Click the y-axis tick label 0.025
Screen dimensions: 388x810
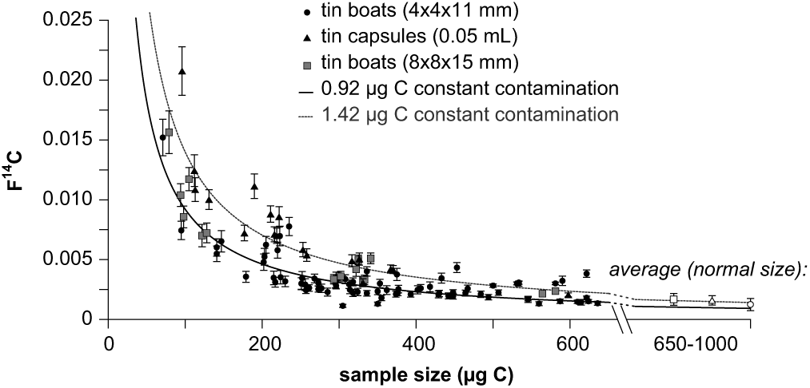[x=68, y=19]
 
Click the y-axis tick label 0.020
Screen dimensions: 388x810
[x=68, y=80]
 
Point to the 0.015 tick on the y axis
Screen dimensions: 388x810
[x=68, y=140]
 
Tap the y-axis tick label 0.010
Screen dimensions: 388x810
[x=68, y=200]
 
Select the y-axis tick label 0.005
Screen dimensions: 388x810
[x=68, y=259]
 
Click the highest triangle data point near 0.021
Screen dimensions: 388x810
[x=182, y=71]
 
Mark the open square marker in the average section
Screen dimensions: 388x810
[x=673, y=299]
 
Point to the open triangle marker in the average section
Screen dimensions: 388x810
[x=712, y=301]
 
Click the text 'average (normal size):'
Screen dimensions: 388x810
[x=708, y=269]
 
